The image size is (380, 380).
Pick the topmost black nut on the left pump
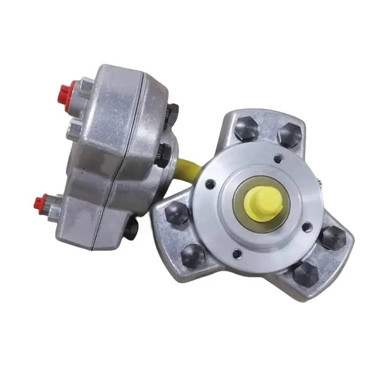173,113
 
